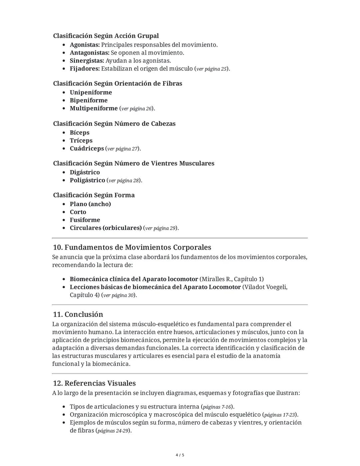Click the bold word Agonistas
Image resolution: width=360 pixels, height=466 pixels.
click(84, 45)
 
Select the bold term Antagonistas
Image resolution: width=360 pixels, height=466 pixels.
click(89, 53)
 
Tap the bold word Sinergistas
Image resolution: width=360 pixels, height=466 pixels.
click(87, 61)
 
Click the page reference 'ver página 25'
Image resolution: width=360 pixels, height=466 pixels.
click(212, 69)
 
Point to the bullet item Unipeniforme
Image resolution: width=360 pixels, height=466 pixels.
click(91, 92)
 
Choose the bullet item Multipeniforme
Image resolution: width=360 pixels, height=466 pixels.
click(94, 108)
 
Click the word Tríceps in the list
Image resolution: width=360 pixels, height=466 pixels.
click(81, 140)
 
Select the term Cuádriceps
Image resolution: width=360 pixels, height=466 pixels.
click(87, 148)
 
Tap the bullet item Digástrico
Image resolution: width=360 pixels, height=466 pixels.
click(85, 172)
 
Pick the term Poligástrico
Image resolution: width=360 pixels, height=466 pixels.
click(87, 180)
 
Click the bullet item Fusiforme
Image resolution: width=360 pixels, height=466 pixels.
click(85, 220)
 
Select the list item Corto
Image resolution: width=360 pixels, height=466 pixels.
click(78, 212)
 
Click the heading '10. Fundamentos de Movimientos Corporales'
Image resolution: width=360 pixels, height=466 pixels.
click(132, 247)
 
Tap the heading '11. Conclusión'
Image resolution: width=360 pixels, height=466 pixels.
click(78, 314)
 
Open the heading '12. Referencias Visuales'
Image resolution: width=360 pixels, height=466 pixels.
click(94, 383)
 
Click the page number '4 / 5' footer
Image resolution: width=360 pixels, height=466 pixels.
click(180, 455)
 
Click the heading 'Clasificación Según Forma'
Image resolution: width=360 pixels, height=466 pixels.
click(94, 195)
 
